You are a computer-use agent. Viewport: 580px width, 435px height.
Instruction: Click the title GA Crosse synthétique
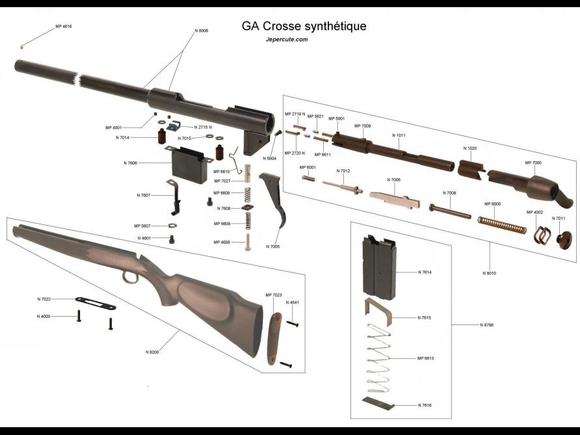(x=304, y=27)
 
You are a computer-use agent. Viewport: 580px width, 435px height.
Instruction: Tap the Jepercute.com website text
(x=287, y=40)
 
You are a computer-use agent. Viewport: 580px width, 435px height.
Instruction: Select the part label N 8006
(x=202, y=31)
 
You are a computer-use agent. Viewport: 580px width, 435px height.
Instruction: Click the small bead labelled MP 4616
(x=23, y=47)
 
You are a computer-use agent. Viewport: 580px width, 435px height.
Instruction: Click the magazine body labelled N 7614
(x=378, y=266)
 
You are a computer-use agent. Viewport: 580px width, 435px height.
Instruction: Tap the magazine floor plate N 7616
(x=378, y=404)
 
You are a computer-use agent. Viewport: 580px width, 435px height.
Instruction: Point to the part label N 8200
(x=152, y=352)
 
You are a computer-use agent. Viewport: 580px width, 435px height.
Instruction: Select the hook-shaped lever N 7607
(x=176, y=198)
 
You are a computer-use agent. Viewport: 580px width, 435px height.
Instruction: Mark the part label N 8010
(x=490, y=273)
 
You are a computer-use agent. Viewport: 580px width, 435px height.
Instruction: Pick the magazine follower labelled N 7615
(x=380, y=311)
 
